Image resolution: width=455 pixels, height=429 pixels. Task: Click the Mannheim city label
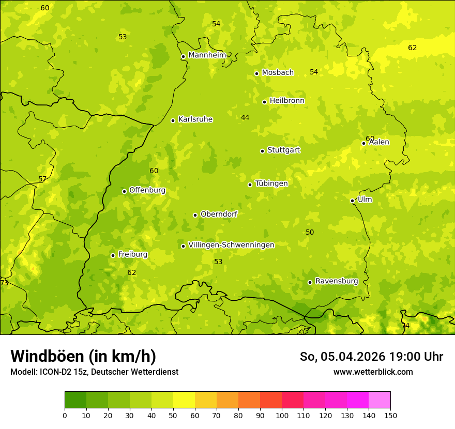207,55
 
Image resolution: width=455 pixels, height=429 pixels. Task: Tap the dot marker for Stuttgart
262,151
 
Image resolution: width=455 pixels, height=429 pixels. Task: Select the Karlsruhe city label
195,119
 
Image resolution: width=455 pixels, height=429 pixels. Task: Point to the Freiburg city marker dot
113,255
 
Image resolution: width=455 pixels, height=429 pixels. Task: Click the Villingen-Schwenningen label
231,245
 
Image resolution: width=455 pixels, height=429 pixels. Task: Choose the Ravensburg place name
336,281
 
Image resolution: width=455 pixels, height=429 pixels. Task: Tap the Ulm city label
365,200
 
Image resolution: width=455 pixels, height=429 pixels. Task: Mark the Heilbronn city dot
264,102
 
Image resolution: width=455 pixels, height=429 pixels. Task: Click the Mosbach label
278,73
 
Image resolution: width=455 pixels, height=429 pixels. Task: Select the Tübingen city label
271,183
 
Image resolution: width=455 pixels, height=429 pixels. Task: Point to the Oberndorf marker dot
195,215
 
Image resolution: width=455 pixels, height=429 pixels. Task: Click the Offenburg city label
147,190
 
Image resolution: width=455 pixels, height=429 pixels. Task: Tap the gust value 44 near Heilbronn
245,118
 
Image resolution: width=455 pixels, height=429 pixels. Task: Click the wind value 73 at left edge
4,283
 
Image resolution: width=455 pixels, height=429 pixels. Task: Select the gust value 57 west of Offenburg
42,179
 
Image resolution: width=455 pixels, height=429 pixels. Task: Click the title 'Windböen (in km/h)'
83,356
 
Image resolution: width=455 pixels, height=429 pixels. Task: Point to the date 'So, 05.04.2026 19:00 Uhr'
371,357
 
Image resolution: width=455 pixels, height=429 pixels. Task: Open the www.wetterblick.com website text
373,372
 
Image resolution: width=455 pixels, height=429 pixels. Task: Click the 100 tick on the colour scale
282,415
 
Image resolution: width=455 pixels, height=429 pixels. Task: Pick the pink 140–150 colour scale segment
380,400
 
